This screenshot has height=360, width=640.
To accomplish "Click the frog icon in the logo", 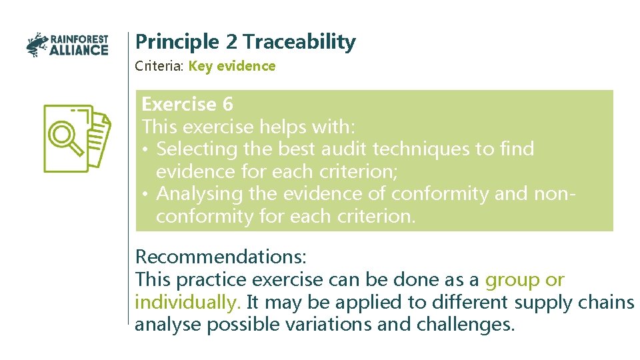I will (37, 45).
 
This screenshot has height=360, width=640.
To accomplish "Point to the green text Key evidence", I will (231, 66).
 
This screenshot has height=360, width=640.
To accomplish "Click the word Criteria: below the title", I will (160, 66).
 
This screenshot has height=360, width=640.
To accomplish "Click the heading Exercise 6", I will (187, 105).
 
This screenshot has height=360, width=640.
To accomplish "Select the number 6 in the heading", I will (227, 105).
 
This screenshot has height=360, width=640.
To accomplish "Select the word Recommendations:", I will (221, 257).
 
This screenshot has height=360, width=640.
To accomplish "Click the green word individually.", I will (187, 302).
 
